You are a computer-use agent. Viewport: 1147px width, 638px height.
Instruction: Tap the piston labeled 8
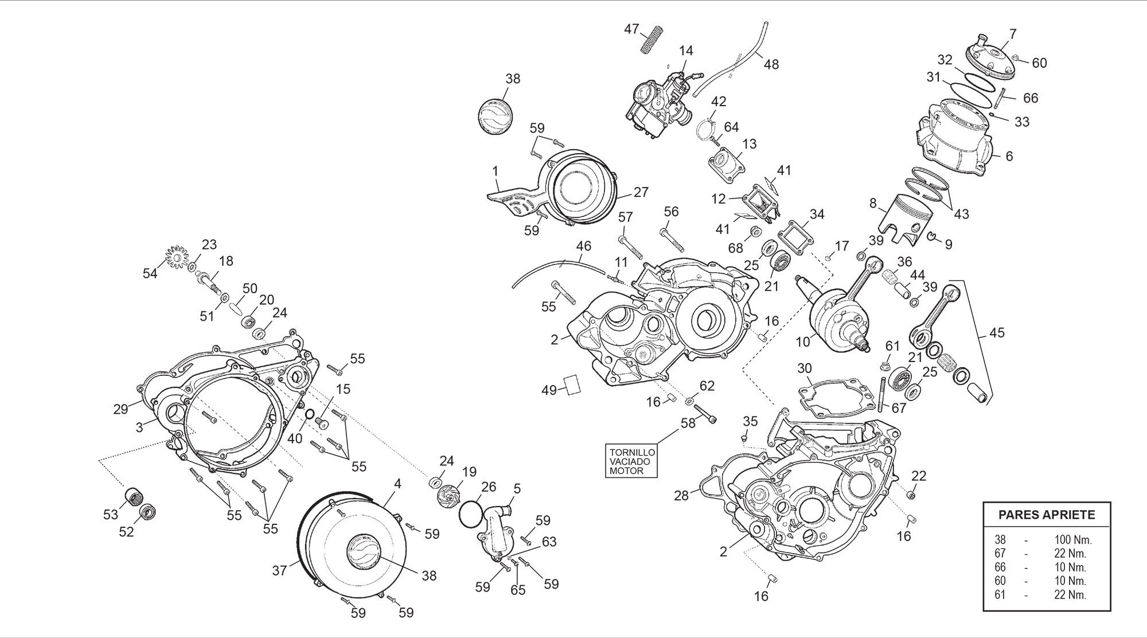point(909,218)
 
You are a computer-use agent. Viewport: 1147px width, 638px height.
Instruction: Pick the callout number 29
point(120,409)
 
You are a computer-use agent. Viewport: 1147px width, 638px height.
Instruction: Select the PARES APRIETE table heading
point(1047,515)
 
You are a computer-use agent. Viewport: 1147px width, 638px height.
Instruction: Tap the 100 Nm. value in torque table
point(1072,540)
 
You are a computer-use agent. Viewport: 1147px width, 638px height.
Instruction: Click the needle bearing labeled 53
point(134,495)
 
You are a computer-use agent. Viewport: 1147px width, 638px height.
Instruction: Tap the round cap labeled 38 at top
point(494,118)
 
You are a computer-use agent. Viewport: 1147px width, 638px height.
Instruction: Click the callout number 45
point(997,333)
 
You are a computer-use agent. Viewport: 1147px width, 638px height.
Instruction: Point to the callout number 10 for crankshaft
point(802,342)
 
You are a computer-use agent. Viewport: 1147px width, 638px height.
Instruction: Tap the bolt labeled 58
point(706,415)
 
